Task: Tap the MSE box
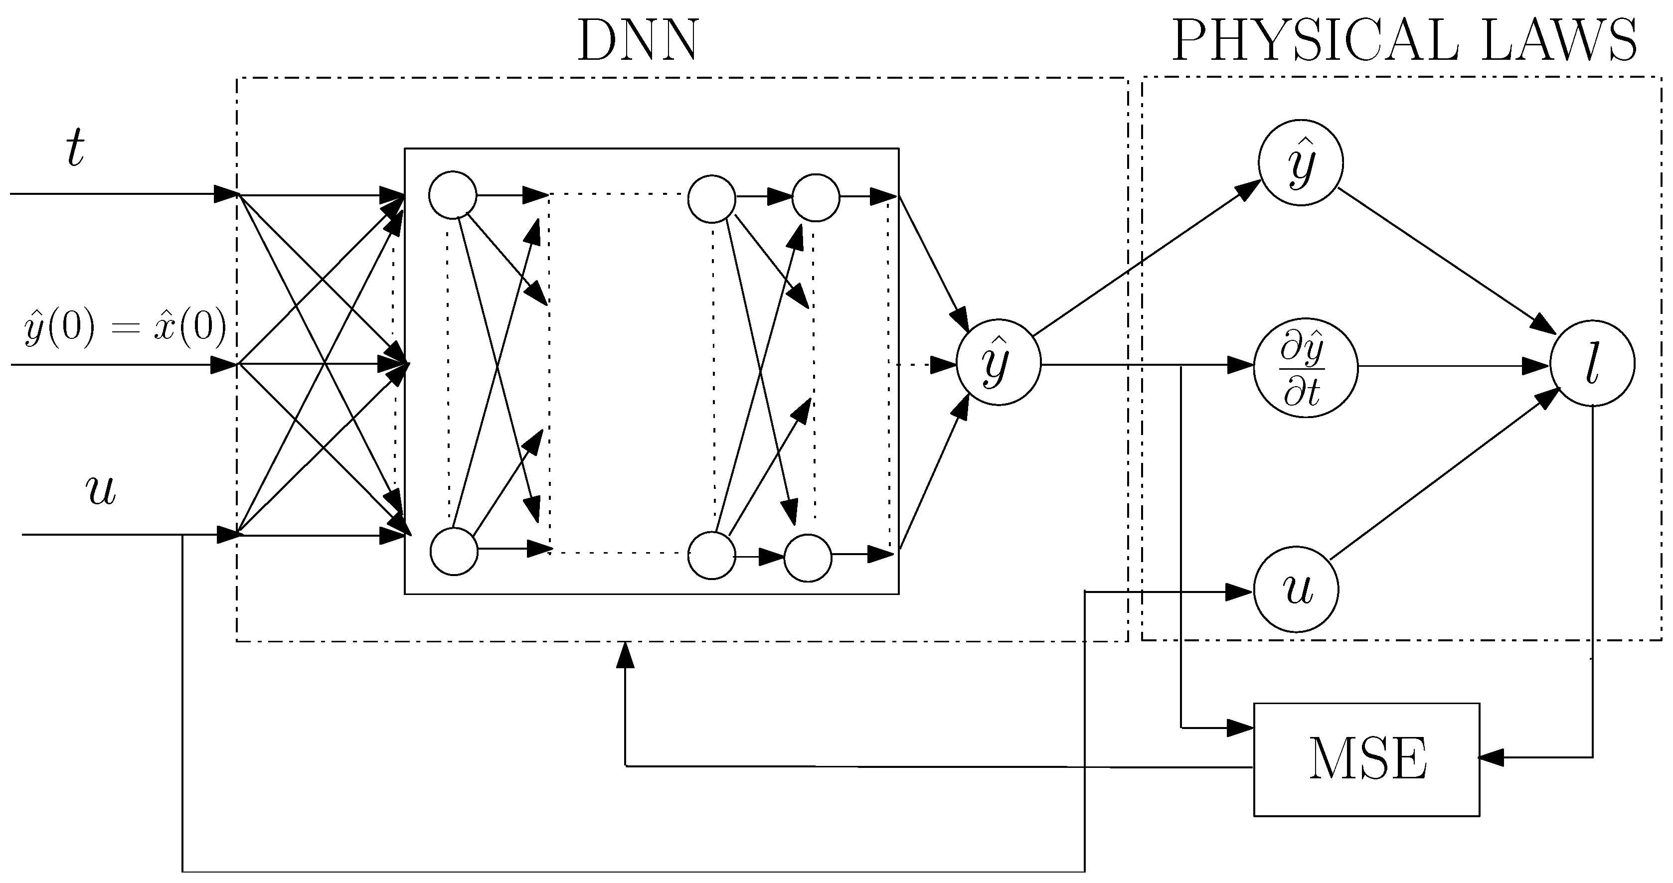point(1366,759)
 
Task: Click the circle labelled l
point(1592,364)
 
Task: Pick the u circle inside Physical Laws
point(1296,589)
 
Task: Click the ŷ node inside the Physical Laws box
point(1300,162)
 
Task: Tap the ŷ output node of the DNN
point(998,362)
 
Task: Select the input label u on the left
point(101,491)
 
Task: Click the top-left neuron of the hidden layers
point(453,195)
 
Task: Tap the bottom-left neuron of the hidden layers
point(454,551)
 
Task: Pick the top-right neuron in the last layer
point(815,197)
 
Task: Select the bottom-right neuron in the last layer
point(807,558)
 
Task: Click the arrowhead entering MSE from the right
point(1493,757)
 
